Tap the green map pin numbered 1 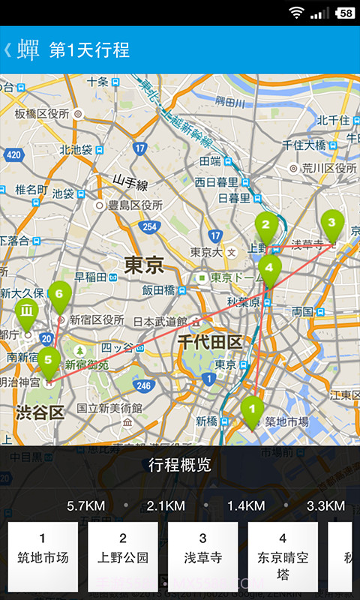252,409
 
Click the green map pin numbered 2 265,223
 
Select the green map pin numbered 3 332,223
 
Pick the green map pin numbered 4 270,268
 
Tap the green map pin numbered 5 49,360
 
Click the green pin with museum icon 27,310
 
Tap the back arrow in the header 7,49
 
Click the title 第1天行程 89,50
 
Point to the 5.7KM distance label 85,505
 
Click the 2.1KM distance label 166,505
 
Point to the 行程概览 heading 180,465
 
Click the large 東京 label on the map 143,265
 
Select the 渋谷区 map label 40,412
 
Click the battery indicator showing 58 346,13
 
